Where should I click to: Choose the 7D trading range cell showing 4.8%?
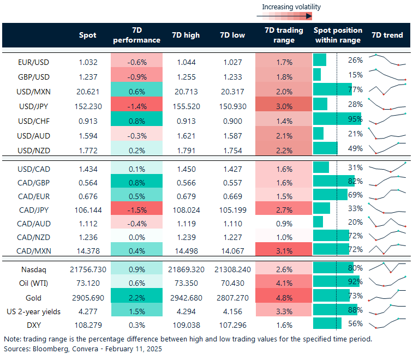pos(284,298)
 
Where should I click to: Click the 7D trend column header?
pos(387,35)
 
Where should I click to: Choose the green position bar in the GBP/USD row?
pos(317,74)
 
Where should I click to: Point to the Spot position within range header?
pos(337,35)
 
